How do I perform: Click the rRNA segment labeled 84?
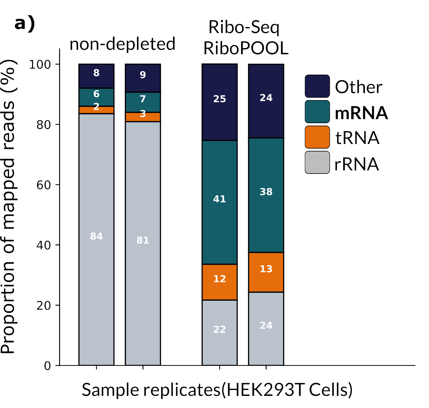click(x=96, y=239)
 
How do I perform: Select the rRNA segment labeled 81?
click(x=143, y=243)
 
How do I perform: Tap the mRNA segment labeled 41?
click(x=220, y=202)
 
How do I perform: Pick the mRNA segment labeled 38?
click(x=266, y=195)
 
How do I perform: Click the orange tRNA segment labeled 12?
click(x=220, y=282)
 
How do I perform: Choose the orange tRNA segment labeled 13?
click(x=266, y=272)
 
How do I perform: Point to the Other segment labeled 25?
click(x=220, y=102)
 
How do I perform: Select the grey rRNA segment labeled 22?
click(x=220, y=332)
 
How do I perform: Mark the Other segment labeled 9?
click(x=143, y=78)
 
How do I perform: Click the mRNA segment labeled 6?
click(x=96, y=97)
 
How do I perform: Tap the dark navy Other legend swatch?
click(x=317, y=86)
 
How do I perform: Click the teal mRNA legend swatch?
click(x=317, y=112)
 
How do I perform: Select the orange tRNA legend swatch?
click(x=317, y=137)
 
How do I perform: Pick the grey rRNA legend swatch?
click(x=317, y=162)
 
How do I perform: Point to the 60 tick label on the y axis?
click(x=44, y=185)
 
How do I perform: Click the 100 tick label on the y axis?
click(x=40, y=64)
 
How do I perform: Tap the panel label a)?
click(x=25, y=24)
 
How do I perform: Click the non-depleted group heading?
click(x=122, y=44)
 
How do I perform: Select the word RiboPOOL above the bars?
click(x=246, y=49)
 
